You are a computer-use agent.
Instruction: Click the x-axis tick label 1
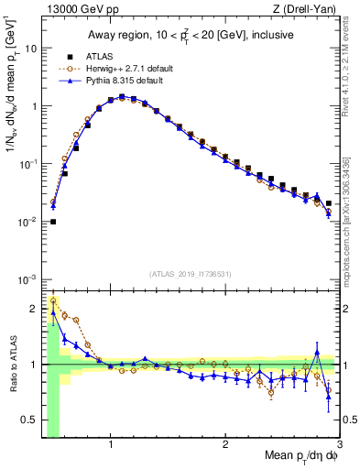coord(111,445)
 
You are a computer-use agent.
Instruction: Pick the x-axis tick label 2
coord(225,445)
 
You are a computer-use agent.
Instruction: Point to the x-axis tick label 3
coord(339,445)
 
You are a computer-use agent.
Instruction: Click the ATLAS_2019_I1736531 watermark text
coord(191,273)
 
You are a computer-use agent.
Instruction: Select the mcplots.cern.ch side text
coord(351,229)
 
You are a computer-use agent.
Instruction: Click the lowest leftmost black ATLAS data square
coord(53,222)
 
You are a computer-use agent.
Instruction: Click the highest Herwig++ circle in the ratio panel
coord(53,300)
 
